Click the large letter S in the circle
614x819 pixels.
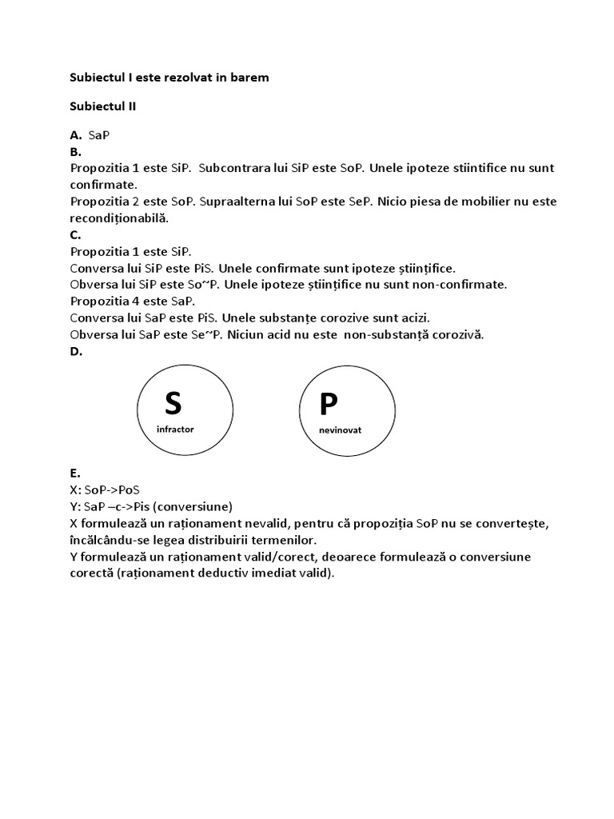pos(173,402)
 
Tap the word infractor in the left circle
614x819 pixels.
pos(176,429)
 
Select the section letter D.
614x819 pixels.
pos(76,351)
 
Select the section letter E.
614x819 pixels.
pos(75,473)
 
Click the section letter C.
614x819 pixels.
pos(76,234)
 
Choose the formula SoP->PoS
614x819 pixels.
pos(112,489)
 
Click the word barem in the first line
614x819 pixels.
pos(250,78)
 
